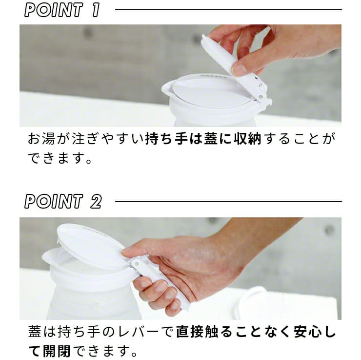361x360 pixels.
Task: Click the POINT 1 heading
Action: pyautogui.click(x=62, y=10)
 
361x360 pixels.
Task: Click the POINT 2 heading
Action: pyautogui.click(x=63, y=201)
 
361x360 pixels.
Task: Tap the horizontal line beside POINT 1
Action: pyautogui.click(x=228, y=10)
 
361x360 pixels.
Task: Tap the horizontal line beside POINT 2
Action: pyautogui.click(x=228, y=201)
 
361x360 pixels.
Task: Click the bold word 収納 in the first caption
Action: pyautogui.click(x=247, y=139)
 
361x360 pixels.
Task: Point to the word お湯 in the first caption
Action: pyautogui.click(x=41, y=139)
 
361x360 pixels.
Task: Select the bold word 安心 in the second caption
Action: pyautogui.click(x=307, y=332)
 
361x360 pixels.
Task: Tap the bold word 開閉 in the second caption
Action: pyautogui.click(x=57, y=351)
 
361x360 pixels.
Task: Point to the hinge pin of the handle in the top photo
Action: pyautogui.click(x=261, y=97)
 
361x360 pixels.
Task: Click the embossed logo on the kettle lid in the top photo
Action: pyautogui.click(x=213, y=76)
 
